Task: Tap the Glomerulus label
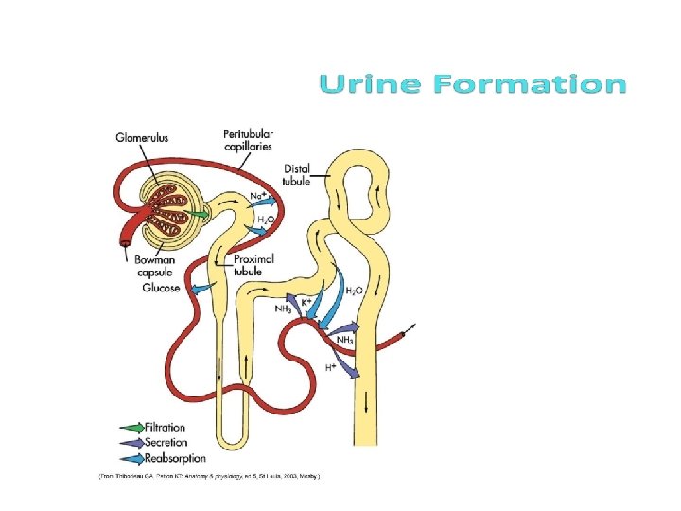point(142,137)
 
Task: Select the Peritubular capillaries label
point(248,139)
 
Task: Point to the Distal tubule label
point(296,175)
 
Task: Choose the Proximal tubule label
point(253,264)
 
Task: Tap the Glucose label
point(161,288)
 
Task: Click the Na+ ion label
point(257,196)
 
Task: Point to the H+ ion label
point(332,366)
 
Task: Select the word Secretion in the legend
point(166,442)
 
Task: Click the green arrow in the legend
point(131,428)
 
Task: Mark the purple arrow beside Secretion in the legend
point(131,442)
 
